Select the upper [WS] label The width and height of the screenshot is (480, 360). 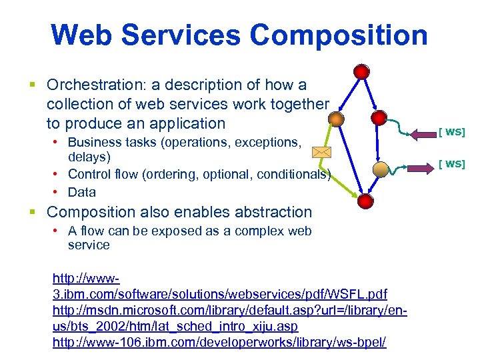pos(451,131)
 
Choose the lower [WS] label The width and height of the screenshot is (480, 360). pos(451,163)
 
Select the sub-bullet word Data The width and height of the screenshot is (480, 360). pos(82,192)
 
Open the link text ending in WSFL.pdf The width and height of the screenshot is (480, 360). pos(220,294)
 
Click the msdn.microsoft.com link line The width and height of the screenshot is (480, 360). pos(229,311)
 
